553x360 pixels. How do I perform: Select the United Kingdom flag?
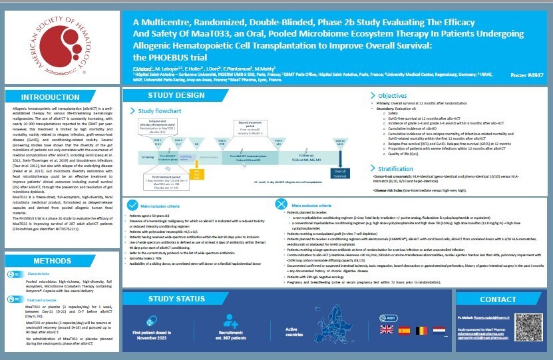click(386, 330)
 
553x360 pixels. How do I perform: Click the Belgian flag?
click(421, 330)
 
